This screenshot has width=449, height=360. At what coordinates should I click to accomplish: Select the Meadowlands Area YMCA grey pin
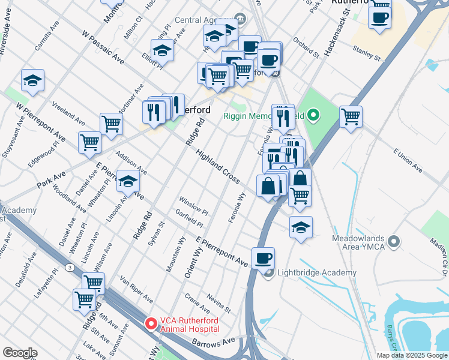point(394,242)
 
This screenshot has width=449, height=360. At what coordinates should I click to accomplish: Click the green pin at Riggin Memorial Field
point(313,115)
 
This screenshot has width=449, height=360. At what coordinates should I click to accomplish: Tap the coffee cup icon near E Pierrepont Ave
point(263,259)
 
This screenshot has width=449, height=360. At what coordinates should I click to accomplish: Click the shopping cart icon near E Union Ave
point(351,116)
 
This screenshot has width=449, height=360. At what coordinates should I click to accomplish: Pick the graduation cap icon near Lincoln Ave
point(128,182)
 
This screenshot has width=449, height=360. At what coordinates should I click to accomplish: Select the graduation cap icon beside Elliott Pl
point(162,51)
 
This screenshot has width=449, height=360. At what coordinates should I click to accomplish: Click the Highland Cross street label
point(217,167)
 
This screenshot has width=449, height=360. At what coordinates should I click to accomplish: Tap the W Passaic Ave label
point(103,49)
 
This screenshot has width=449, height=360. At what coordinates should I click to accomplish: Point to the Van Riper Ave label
point(136,289)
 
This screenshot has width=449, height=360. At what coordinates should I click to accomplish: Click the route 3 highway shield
point(71,267)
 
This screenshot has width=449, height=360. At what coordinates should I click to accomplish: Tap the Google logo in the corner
point(20,352)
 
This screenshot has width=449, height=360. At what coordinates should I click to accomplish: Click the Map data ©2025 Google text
point(411,355)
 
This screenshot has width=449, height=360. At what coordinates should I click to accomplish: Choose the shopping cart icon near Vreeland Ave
point(111,124)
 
